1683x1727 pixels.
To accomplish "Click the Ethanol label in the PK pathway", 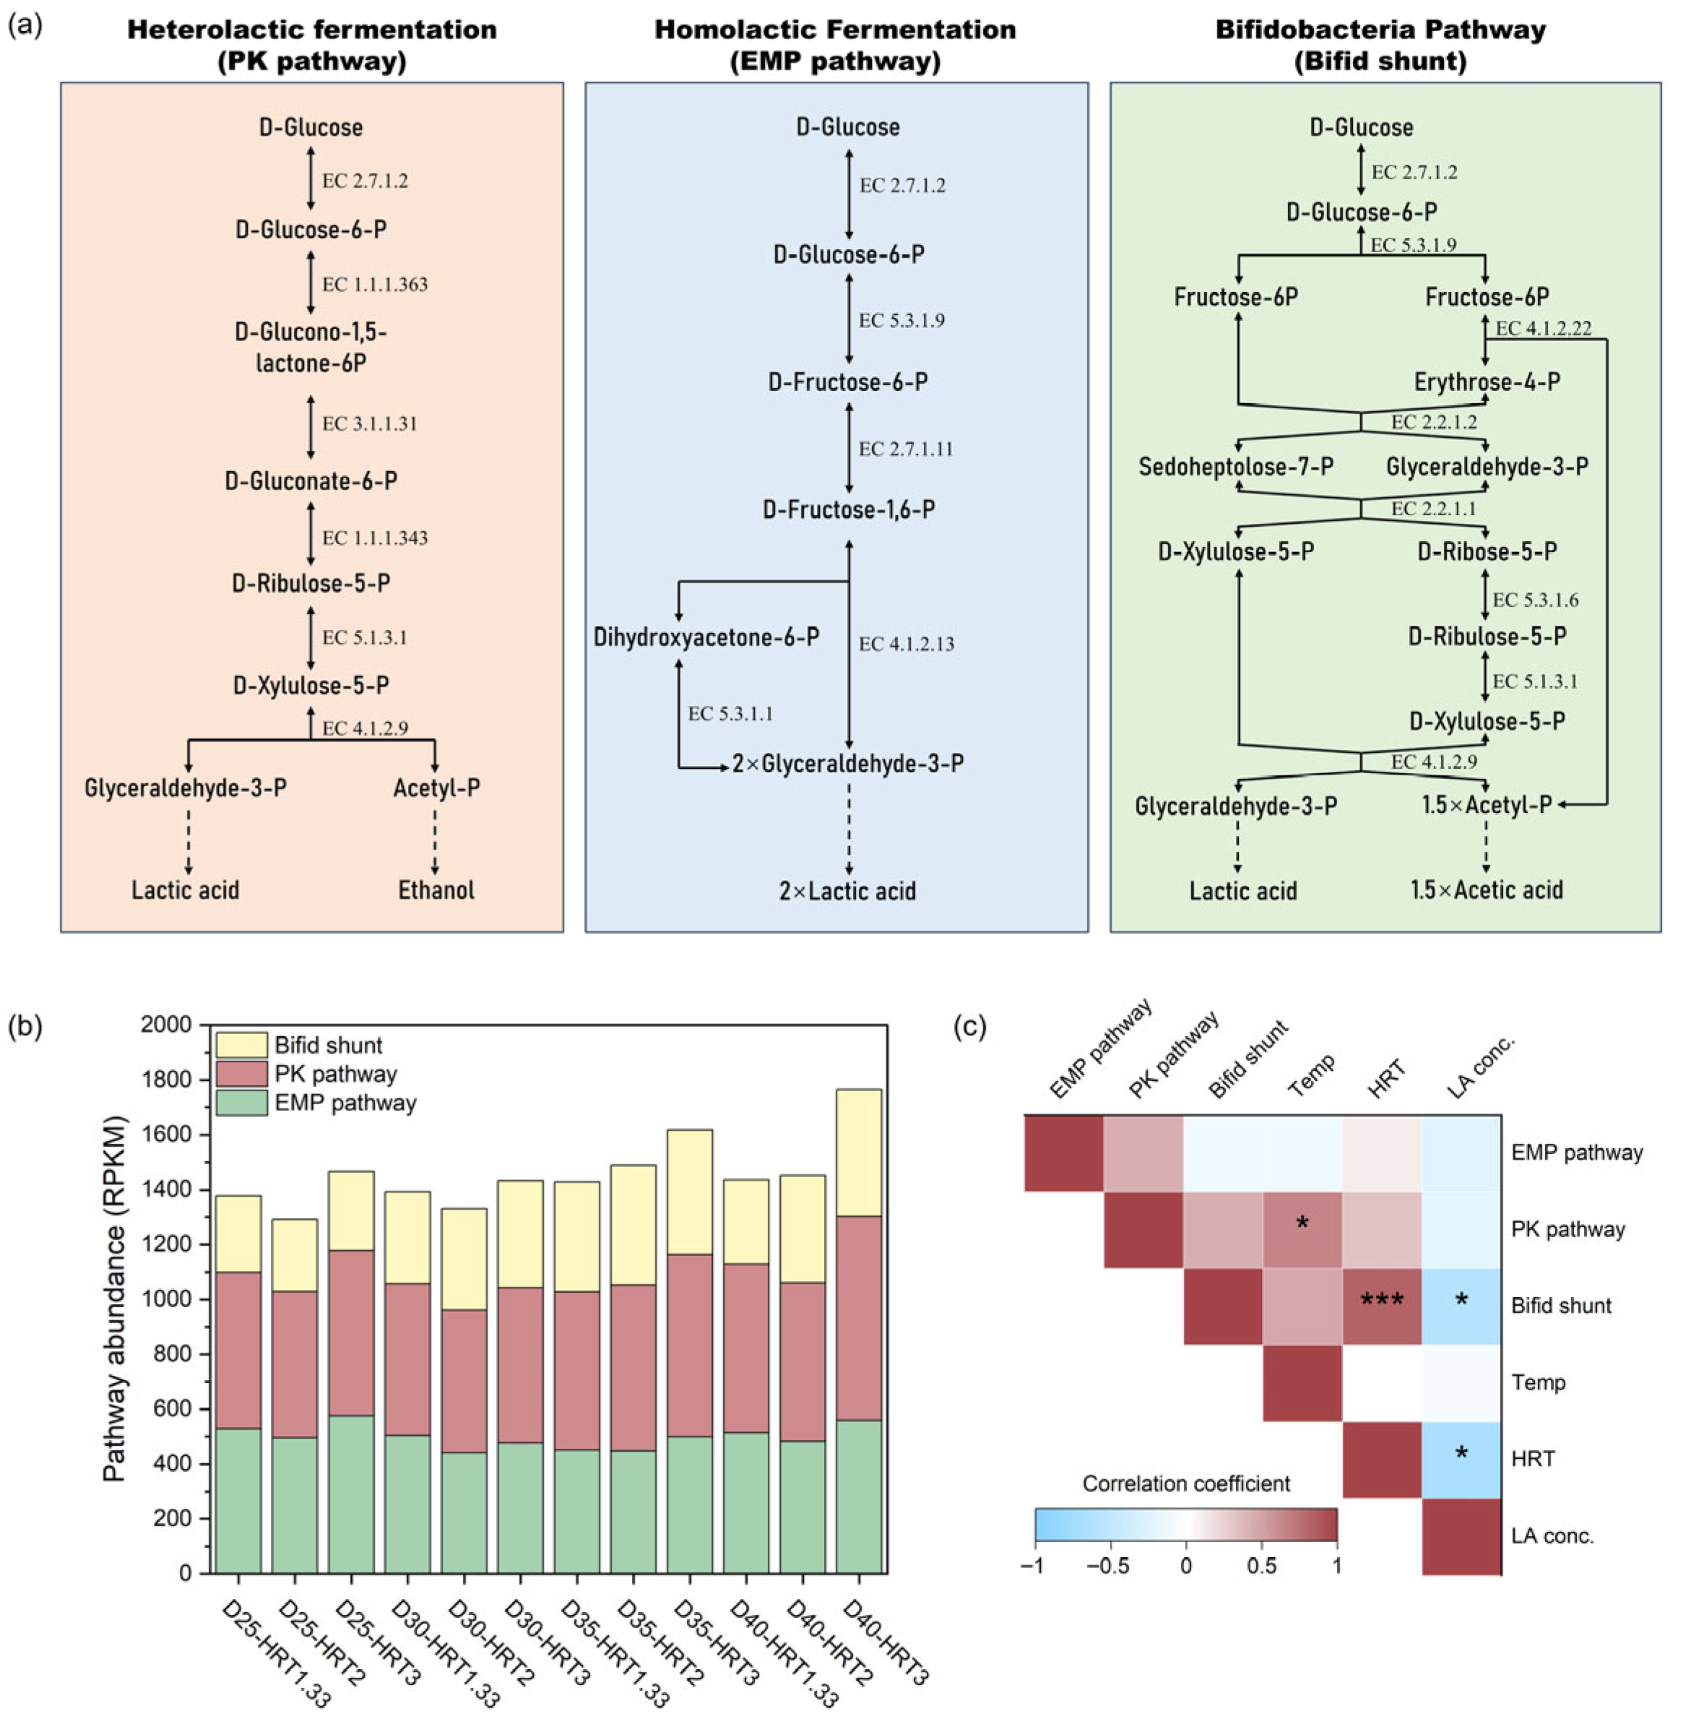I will (x=436, y=890).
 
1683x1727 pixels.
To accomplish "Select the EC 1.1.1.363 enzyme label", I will (x=375, y=285).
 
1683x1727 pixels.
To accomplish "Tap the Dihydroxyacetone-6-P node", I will (x=706, y=637).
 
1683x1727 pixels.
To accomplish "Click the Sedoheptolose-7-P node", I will (x=1236, y=467).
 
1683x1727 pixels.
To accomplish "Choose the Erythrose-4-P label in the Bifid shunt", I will (x=1487, y=382).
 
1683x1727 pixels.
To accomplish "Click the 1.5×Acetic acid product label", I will (x=1487, y=890).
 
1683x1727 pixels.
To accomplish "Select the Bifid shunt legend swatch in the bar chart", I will (x=241, y=1044).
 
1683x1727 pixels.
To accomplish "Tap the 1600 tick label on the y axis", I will (x=166, y=1134).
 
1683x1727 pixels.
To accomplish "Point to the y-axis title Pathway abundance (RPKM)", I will (x=116, y=1299).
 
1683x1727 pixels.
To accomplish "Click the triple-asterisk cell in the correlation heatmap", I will (x=1382, y=1301).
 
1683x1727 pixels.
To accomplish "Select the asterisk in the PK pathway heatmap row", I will (x=1302, y=1225).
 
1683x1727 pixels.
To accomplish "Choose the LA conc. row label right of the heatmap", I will (x=1552, y=1536).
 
